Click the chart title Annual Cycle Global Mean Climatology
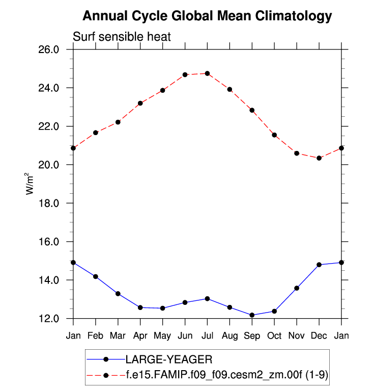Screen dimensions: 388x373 tap(207, 16)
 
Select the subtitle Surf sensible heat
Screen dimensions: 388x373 tap(122, 37)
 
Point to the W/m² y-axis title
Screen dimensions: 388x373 tap(30, 184)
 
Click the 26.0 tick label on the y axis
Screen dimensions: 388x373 tap(50, 49)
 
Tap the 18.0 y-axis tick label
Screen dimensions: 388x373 tap(50, 203)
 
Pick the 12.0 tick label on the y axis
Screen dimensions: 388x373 tap(50, 319)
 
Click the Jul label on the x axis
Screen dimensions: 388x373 tap(207, 335)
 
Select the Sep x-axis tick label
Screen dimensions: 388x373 tap(252, 335)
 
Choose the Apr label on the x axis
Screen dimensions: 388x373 tap(140, 335)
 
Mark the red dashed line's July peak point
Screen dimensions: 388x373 tap(207, 73)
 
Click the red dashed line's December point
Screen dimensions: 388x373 tap(319, 158)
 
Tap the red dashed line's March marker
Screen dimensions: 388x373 tap(118, 122)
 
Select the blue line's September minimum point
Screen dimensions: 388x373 tap(252, 315)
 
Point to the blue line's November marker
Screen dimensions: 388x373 tap(297, 288)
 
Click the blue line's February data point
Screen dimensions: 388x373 tap(96, 276)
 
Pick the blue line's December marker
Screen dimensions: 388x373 tap(319, 265)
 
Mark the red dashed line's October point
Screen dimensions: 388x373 tap(274, 135)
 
